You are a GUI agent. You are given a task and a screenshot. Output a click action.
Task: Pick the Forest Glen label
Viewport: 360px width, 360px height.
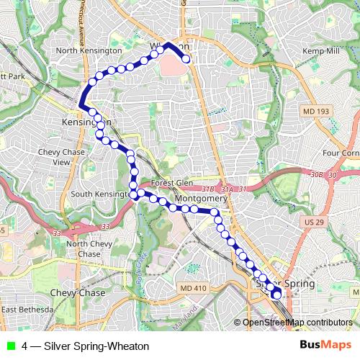(171, 183)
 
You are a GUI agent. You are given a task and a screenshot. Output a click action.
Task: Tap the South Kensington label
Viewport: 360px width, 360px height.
(101, 195)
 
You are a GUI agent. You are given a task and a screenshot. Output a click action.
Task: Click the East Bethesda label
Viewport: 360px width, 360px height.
(27, 310)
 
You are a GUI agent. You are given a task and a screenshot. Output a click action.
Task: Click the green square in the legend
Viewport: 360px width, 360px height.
(10, 346)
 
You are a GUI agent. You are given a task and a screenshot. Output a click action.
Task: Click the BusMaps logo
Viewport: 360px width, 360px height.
(325, 345)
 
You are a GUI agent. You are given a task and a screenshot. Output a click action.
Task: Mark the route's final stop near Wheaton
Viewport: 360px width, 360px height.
(186, 59)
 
